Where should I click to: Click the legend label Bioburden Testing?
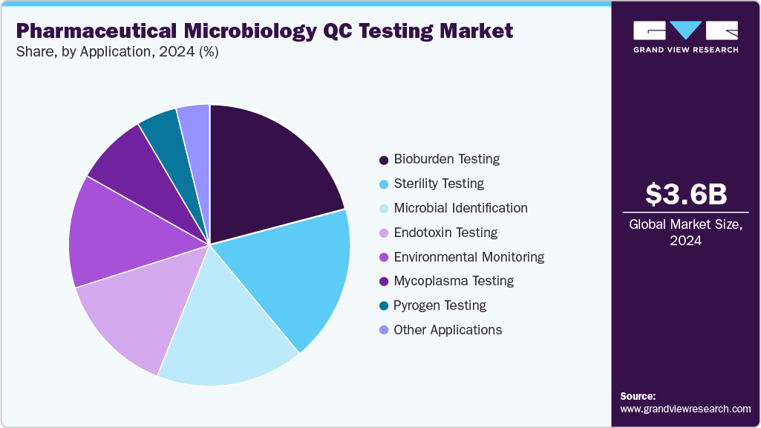point(446,159)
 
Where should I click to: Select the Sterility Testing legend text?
point(439,184)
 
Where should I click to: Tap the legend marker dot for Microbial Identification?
point(384,208)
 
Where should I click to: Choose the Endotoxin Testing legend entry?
point(445,233)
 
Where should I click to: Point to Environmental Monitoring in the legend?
point(468,257)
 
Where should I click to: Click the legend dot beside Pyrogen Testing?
point(384,305)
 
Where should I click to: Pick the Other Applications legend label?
point(448,330)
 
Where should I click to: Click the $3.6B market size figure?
point(685,195)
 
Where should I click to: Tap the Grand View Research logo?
point(685,37)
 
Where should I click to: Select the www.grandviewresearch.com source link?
point(685,409)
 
